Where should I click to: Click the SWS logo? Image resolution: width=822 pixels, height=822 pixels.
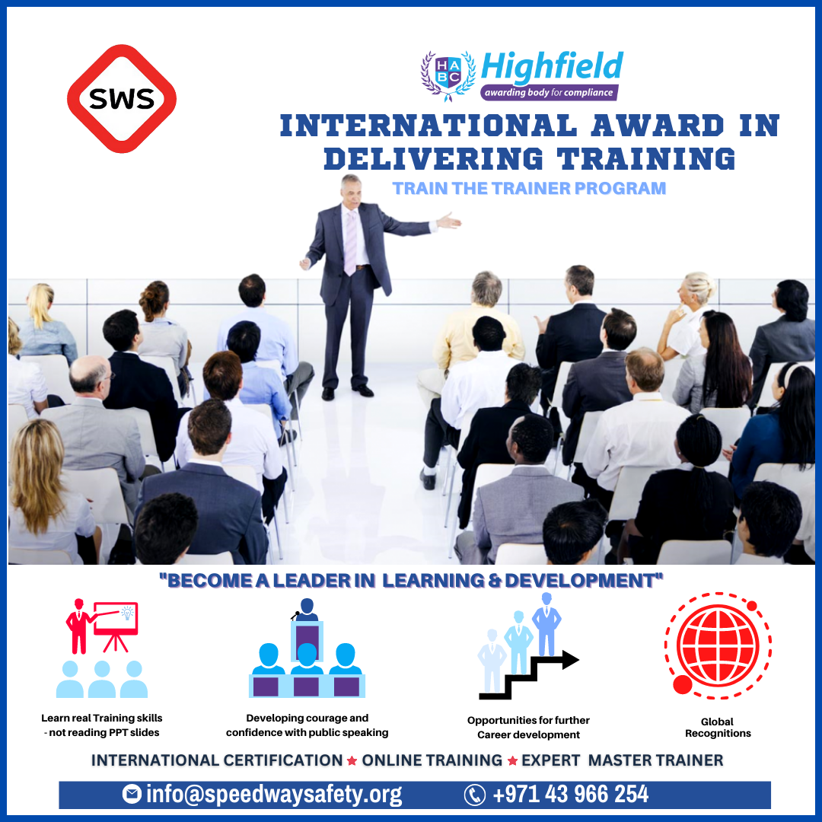pos(122,98)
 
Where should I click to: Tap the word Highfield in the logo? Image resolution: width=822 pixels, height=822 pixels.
pos(552,67)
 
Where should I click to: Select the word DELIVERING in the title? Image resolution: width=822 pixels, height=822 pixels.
pos(433,158)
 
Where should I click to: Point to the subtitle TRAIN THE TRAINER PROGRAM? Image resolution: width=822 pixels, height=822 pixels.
pos(529,188)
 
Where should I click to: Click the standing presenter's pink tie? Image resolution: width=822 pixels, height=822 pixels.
pos(350,241)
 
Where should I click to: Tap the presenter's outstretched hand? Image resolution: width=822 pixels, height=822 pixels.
pos(450,221)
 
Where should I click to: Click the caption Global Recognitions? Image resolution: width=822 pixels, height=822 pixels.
pos(718,728)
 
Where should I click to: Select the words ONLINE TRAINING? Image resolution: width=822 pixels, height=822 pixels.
pos(432,760)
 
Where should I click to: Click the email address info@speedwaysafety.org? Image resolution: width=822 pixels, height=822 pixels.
pos(274,795)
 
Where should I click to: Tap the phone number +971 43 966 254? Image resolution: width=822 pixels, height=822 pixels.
pos(571,795)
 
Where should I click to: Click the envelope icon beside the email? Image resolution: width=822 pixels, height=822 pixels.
pos(132,795)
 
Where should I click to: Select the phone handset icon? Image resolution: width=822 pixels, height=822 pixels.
pos(475,795)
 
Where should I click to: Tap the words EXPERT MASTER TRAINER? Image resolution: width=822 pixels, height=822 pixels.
pos(622,760)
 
